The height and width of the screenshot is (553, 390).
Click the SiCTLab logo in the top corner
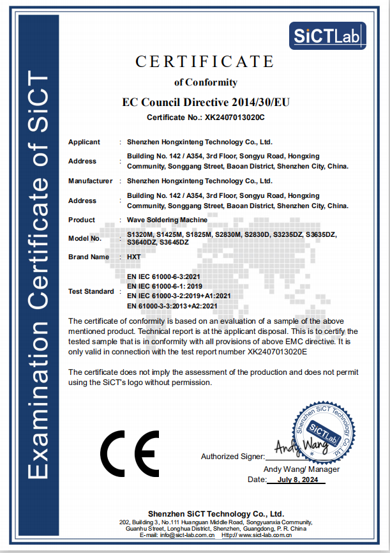click(x=328, y=36)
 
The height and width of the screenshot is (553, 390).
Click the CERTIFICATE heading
click(x=205, y=61)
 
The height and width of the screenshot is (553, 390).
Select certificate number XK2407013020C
click(x=234, y=117)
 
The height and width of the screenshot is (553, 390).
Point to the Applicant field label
click(x=84, y=142)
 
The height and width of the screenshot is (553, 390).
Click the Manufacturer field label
click(x=90, y=181)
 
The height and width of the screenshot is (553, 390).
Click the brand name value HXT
click(x=134, y=257)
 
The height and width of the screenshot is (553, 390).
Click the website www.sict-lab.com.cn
click(x=267, y=535)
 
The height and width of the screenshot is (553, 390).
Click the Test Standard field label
click(x=91, y=291)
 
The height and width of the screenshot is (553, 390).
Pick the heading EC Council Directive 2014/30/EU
click(x=205, y=102)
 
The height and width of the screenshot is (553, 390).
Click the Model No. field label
click(x=85, y=238)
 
